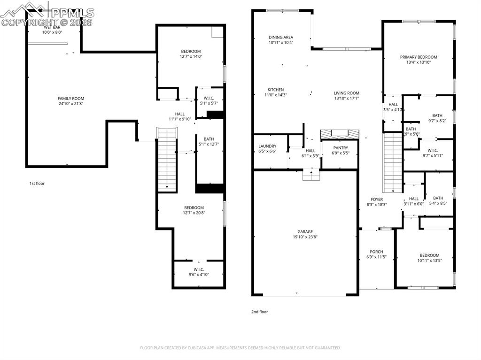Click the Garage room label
[305, 231]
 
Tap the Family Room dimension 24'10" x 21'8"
[71, 103]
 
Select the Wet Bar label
[52, 27]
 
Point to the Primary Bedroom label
[419, 57]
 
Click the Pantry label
[341, 148]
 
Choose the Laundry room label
[267, 146]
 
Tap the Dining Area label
[281, 38]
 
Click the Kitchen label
[276, 90]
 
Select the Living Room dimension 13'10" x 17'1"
[347, 99]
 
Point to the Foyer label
[377, 199]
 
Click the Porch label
[376, 252]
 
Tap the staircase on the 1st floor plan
[167, 160]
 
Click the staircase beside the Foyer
[393, 162]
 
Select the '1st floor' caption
[37, 184]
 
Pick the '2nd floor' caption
[260, 311]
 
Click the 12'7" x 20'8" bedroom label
[194, 208]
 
